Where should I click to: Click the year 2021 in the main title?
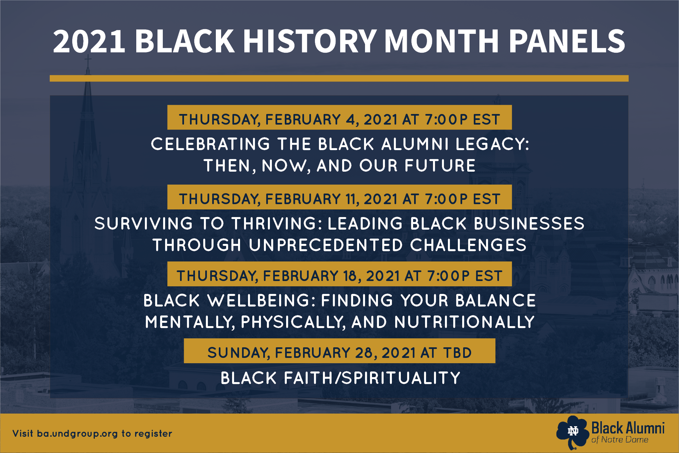coord(89,41)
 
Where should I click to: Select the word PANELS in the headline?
coord(567,41)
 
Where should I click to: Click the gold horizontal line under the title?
coord(339,78)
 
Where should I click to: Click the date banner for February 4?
coord(339,117)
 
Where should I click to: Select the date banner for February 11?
coord(339,197)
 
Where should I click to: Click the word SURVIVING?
coord(144,223)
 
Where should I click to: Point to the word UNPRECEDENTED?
coord(326,245)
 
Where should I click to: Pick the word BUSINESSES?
coord(529,223)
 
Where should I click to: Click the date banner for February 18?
coord(339,274)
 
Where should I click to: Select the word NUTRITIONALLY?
coord(464,322)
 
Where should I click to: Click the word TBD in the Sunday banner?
coord(458,353)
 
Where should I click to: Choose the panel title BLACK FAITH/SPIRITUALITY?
coord(340,378)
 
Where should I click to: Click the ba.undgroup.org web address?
coord(77,434)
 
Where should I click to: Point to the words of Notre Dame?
coord(620,440)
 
